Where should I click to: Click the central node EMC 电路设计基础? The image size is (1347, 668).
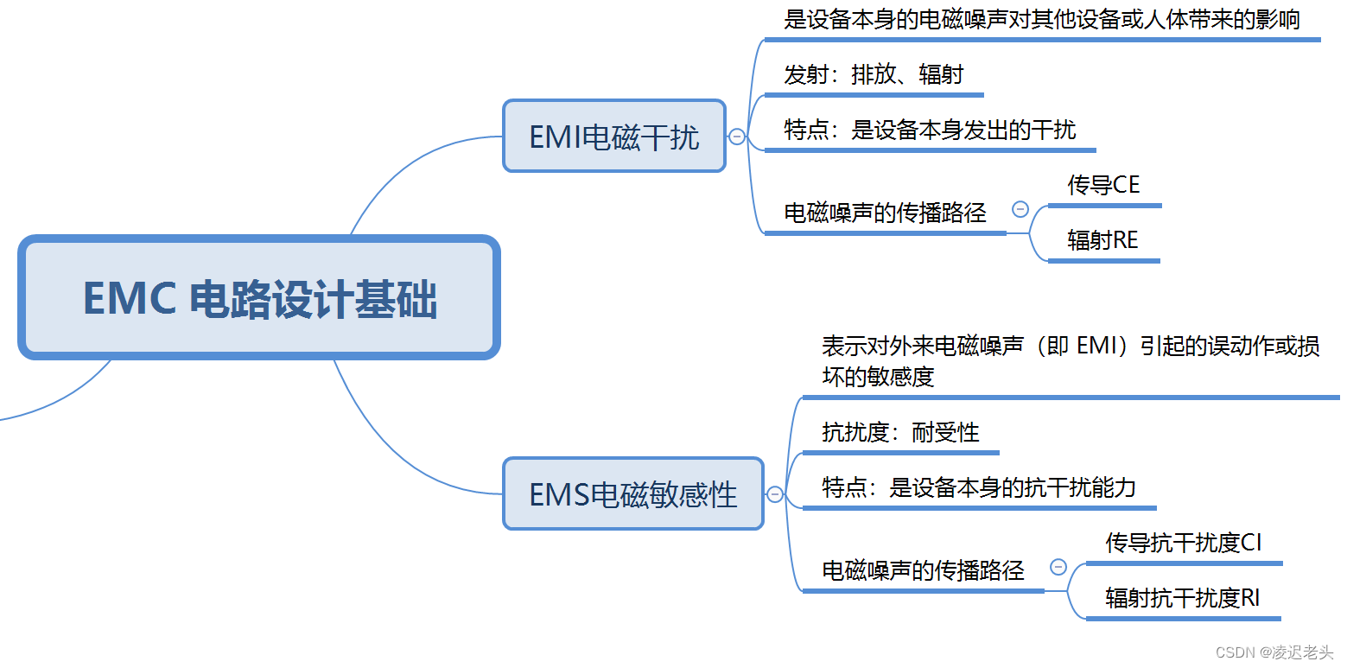[x=259, y=298]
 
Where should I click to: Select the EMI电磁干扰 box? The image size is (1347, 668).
[x=614, y=137]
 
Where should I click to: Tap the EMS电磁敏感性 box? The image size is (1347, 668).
[x=633, y=494]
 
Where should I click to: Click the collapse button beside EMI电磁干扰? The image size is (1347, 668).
[x=737, y=137]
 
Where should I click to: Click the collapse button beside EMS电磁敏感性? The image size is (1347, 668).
[x=775, y=494]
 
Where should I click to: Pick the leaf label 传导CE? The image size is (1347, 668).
[x=1103, y=185]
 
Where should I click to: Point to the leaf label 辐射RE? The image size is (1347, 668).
[x=1102, y=240]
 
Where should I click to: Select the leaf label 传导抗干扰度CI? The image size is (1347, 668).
[x=1183, y=543]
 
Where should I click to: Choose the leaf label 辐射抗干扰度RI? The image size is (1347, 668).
[x=1182, y=598]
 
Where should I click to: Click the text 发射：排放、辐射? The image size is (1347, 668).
[x=874, y=74]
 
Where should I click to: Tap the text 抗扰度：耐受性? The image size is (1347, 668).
[x=900, y=432]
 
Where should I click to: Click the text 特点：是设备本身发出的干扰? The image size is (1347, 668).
[x=930, y=130]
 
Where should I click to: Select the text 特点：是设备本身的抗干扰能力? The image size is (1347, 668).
[x=978, y=488]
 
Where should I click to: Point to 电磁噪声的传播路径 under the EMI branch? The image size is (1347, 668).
[x=885, y=213]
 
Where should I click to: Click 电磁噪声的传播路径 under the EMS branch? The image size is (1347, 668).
[x=923, y=570]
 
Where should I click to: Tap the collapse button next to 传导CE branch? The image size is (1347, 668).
[x=1020, y=209]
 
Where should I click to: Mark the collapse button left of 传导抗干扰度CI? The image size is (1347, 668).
[x=1058, y=567]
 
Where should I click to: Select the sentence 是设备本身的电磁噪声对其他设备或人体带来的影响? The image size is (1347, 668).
[x=1042, y=19]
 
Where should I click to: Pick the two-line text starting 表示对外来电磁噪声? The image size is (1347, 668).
[x=1071, y=361]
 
